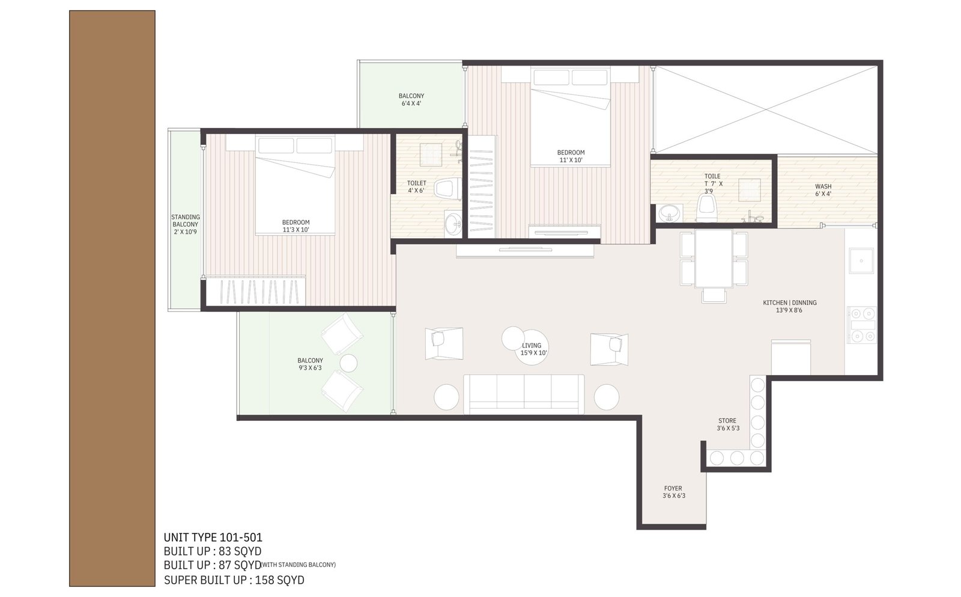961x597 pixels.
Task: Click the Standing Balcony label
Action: tap(186, 224)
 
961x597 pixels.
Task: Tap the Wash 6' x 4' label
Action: tap(823, 190)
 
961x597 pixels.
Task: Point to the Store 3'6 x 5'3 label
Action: tap(727, 424)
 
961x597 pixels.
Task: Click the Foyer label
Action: tap(673, 488)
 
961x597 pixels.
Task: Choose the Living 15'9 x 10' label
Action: tap(532, 349)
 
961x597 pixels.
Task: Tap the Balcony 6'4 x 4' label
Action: tap(411, 100)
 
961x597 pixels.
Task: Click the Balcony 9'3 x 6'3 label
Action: tap(310, 364)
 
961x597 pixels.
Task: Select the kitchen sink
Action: tap(861, 261)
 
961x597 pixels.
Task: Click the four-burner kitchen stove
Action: tap(861, 325)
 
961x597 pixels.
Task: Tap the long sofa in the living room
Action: tap(524, 394)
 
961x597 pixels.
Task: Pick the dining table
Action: tap(714, 259)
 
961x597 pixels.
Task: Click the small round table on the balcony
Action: tap(348, 363)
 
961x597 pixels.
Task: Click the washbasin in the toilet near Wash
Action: tap(669, 213)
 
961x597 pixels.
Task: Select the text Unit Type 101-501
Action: tap(213, 537)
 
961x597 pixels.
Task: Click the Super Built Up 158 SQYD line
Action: tap(234, 580)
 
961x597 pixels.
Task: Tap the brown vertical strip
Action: tap(112, 298)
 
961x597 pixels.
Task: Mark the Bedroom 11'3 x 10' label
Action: tap(296, 226)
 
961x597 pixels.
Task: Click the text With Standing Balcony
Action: tap(299, 565)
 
